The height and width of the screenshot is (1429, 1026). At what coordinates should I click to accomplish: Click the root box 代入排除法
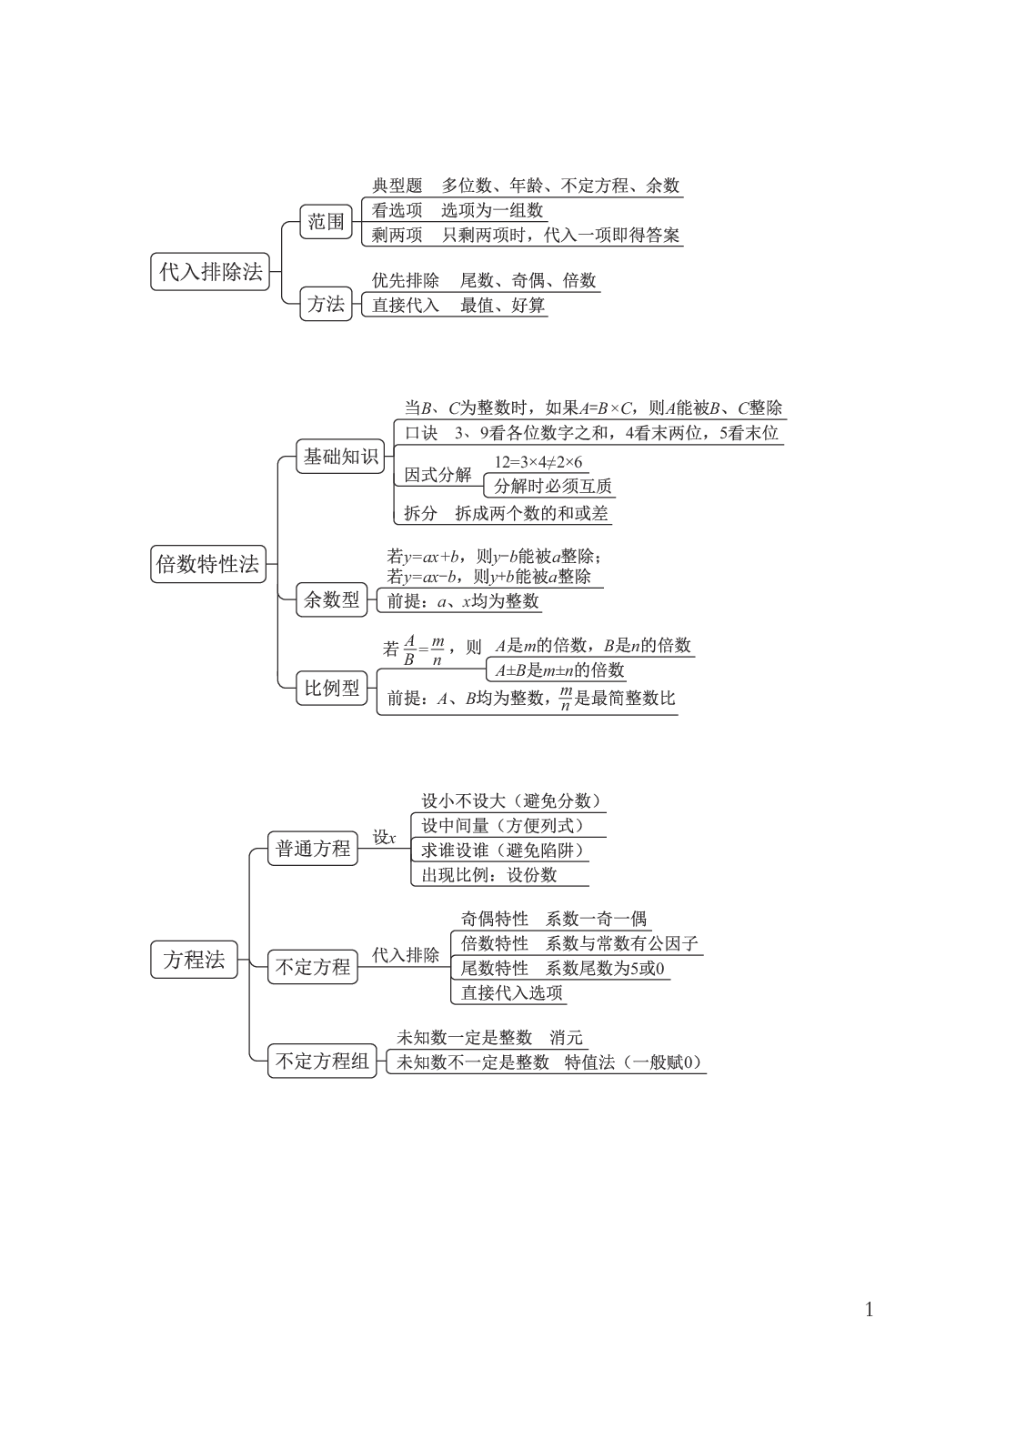(210, 271)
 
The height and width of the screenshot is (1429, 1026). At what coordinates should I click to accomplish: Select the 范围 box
(326, 222)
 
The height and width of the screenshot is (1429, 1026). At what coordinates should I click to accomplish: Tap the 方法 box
(326, 304)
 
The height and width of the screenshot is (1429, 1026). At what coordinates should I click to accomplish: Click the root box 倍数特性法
(207, 564)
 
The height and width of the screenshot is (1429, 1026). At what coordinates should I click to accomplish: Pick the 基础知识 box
(340, 457)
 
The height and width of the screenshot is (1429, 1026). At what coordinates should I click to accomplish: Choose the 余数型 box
(330, 600)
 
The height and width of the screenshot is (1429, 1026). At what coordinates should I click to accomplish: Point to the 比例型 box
(330, 688)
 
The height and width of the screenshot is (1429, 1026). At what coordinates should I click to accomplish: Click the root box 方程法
(194, 960)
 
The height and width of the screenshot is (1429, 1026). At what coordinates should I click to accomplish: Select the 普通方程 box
(313, 849)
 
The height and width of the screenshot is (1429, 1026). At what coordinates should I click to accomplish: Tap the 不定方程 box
(313, 967)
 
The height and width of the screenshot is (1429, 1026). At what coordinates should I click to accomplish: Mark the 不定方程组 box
(323, 1061)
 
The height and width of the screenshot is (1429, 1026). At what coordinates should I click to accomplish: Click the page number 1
(869, 1311)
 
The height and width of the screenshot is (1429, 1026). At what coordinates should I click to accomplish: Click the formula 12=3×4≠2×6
(538, 462)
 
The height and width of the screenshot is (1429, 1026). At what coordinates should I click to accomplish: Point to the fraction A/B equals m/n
(424, 649)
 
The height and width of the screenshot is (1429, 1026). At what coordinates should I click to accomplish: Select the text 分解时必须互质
(552, 486)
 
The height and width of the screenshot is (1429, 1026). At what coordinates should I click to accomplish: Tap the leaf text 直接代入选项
(511, 992)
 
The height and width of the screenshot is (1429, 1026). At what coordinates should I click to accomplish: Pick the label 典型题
(397, 186)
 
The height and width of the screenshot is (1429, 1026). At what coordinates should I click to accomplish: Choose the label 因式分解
(438, 474)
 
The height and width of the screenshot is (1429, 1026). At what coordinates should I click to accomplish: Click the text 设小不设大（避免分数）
(511, 801)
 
